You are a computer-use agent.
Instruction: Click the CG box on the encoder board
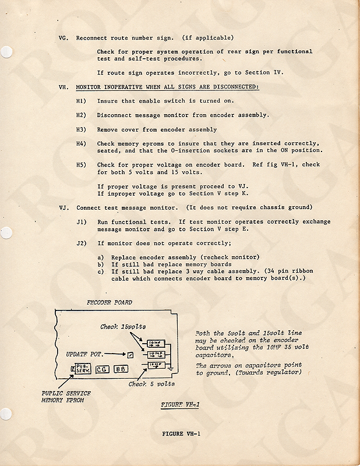(x=101, y=369)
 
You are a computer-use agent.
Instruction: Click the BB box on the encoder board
(x=121, y=369)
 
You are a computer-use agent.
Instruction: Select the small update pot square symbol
(x=131, y=355)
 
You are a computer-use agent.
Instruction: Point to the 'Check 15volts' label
(x=123, y=327)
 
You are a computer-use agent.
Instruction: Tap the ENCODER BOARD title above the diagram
(x=109, y=302)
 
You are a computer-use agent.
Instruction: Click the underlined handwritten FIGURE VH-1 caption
(x=179, y=404)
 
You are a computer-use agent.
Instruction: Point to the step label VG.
(x=63, y=38)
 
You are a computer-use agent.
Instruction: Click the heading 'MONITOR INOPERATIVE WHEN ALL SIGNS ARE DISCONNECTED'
(x=167, y=87)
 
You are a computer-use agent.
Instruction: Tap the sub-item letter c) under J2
(x=101, y=271)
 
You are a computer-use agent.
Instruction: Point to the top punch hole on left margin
(x=6, y=52)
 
